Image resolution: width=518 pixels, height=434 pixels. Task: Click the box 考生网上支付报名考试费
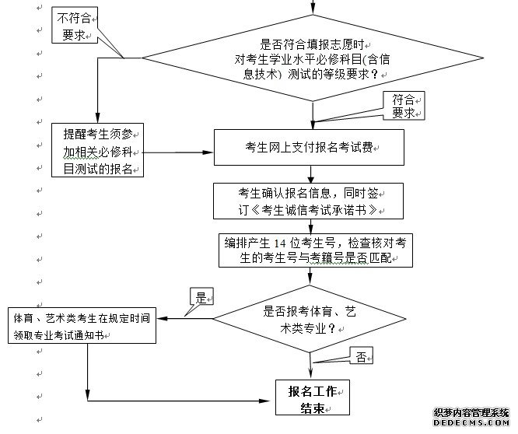pos(310,146)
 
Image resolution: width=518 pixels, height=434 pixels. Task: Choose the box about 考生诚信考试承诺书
pos(310,201)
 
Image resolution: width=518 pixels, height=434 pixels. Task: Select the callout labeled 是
pos(201,297)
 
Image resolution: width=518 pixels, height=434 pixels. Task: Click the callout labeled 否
pos(361,357)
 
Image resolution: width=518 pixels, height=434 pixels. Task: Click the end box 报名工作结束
pos(313,397)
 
